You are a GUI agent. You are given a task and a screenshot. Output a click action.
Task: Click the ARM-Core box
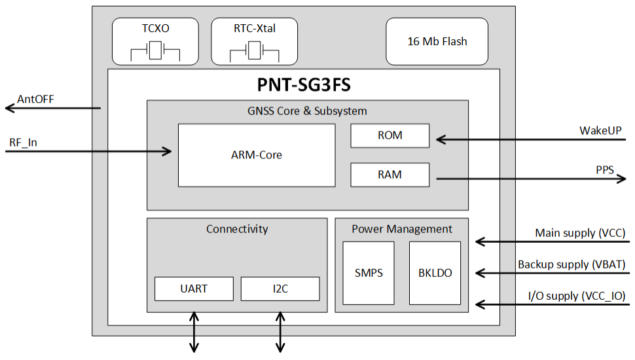pos(257,155)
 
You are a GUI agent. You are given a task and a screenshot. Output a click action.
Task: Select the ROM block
pos(390,135)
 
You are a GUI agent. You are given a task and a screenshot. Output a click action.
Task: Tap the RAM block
pos(390,175)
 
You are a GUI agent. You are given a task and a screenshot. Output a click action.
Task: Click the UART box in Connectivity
pos(194,289)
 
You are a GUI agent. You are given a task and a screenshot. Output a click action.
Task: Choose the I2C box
pos(280,289)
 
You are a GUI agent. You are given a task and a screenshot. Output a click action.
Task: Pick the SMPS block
pos(369,273)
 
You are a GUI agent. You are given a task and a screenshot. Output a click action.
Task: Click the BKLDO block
pos(435,273)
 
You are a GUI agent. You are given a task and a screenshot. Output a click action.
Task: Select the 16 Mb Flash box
pos(437,41)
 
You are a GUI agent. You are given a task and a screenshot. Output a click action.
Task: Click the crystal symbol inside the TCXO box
pos(155,51)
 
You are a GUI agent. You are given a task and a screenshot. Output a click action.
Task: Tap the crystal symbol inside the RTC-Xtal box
pos(254,51)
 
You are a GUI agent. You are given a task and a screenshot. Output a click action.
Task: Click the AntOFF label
pos(35,99)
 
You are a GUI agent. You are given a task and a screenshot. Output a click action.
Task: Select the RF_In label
pos(24,142)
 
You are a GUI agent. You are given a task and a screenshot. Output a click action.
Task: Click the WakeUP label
pos(600,130)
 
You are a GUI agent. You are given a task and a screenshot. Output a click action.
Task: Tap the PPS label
pos(604,170)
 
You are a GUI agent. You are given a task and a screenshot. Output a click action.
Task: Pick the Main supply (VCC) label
pos(580,232)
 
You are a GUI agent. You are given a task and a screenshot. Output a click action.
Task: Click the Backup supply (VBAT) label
pos(571,264)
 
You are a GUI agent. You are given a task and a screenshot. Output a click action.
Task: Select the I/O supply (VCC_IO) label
pos(576,296)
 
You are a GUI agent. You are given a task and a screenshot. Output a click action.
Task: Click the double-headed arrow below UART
pos(194,332)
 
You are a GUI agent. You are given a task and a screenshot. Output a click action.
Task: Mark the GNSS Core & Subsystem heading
pos(307,111)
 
